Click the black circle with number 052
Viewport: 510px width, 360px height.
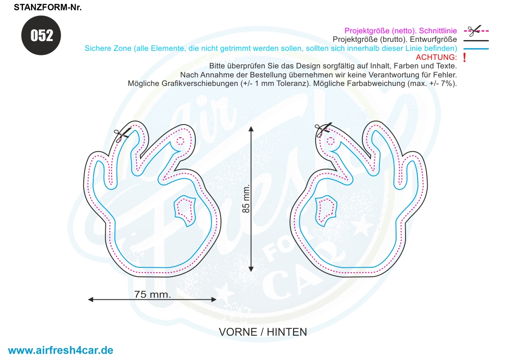pos(41,35)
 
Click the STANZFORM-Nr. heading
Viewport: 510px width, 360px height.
pos(48,7)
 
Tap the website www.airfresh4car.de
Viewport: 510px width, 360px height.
pos(60,350)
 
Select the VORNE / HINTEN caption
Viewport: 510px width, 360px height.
pos(263,332)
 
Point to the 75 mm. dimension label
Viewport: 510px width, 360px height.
pos(153,294)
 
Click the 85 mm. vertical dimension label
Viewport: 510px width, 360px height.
pos(246,199)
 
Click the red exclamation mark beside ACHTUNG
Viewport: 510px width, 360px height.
pos(465,58)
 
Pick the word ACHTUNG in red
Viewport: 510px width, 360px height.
pos(436,57)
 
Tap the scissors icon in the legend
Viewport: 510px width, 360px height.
pos(474,31)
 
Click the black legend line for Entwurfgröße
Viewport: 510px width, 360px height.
pos(476,40)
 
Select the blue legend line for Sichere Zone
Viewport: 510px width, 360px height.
pos(476,49)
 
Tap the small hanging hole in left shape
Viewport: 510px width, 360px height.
pos(180,141)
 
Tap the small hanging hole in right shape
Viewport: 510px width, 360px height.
pos(330,141)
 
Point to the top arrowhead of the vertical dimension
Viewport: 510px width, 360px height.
pos(251,128)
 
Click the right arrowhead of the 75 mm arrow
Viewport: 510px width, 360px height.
pos(214,300)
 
